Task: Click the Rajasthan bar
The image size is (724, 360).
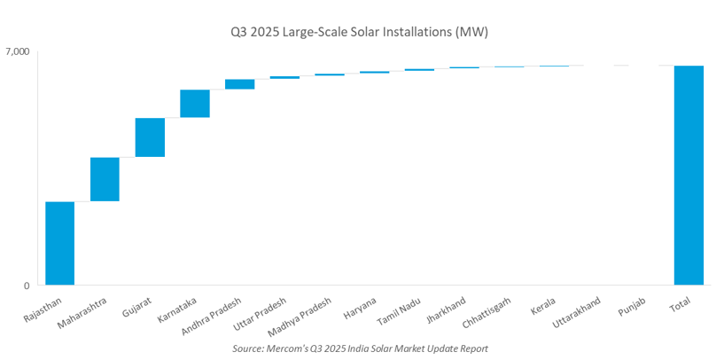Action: [x=59, y=244]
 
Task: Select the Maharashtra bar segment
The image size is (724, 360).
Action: [x=105, y=179]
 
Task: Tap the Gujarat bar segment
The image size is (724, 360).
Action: [x=150, y=137]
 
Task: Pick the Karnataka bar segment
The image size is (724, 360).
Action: [x=195, y=103]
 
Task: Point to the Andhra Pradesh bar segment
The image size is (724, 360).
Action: [x=239, y=84]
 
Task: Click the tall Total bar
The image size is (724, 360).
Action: [x=689, y=176]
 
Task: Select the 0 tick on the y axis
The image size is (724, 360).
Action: [x=27, y=286]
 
